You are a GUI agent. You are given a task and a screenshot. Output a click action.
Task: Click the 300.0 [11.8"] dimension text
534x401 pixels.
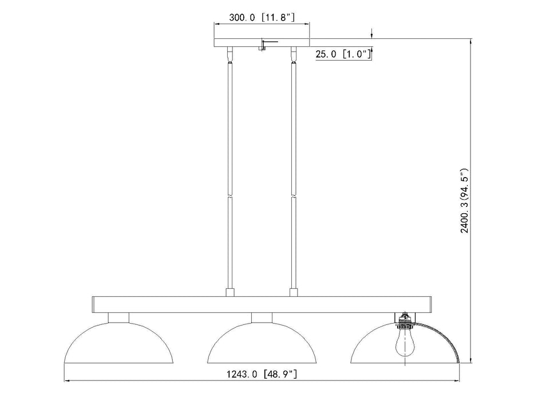click(262, 17)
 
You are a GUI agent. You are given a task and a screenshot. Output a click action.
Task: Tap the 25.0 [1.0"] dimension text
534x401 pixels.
click(343, 54)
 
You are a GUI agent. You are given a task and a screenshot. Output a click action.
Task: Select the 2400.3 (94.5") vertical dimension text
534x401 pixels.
click(465, 200)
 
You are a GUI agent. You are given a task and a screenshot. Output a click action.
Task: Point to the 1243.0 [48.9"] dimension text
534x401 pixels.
click(262, 374)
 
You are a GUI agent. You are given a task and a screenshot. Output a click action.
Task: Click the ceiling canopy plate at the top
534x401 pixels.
click(262, 42)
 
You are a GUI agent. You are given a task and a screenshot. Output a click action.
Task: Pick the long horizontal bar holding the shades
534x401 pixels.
click(262, 305)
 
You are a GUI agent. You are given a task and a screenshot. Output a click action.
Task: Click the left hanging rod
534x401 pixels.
click(230, 171)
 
